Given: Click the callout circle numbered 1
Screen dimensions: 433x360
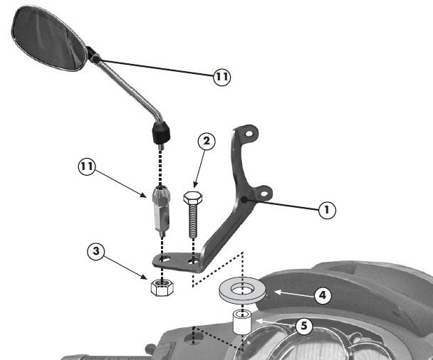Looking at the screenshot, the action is click(x=327, y=210).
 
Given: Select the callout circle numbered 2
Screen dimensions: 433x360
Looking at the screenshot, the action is click(x=207, y=142).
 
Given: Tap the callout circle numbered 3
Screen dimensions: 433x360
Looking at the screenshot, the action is click(x=96, y=251).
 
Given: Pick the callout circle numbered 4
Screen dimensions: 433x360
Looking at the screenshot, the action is click(x=323, y=295).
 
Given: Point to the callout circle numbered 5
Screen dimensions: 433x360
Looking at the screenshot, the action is click(x=304, y=326).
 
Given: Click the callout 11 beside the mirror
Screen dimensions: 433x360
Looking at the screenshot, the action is click(x=222, y=76).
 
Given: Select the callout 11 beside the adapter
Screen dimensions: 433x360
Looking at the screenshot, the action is click(x=87, y=166).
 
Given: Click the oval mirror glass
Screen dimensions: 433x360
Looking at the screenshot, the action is click(x=48, y=38).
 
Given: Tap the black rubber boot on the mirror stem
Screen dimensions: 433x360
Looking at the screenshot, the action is click(x=161, y=133).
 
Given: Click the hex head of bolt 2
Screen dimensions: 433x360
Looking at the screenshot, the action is click(x=193, y=198).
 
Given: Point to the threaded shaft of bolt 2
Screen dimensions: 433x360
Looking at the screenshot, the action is click(x=193, y=221).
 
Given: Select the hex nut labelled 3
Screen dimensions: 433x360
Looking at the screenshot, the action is click(x=162, y=287).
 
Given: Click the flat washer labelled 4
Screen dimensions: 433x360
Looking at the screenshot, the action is click(x=242, y=290).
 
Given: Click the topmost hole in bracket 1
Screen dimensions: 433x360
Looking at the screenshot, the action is click(x=250, y=134).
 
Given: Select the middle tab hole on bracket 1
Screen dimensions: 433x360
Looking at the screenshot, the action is click(x=264, y=194).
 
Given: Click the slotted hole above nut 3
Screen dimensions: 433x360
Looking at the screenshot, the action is click(x=166, y=259).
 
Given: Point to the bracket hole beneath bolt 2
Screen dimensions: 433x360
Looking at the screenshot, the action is click(x=192, y=261).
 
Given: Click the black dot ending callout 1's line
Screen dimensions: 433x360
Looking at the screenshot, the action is click(x=244, y=200).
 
